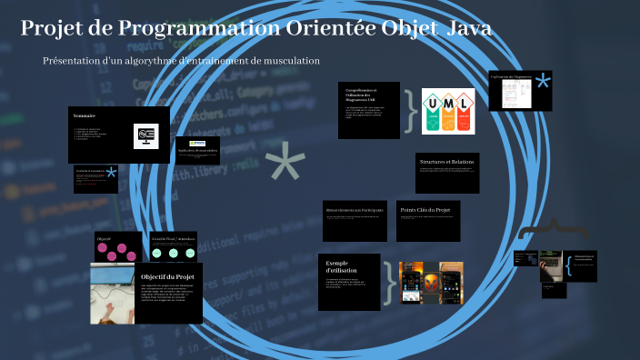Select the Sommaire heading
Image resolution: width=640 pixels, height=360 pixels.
[85, 115]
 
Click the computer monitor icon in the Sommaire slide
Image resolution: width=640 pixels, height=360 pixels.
[145, 135]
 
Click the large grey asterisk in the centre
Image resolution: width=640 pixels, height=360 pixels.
[285, 168]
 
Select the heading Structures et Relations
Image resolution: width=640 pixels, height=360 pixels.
[447, 162]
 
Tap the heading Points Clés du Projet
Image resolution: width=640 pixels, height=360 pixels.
[425, 210]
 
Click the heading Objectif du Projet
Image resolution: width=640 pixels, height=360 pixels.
[168, 275]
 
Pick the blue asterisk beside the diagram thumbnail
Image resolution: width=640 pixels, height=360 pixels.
[543, 83]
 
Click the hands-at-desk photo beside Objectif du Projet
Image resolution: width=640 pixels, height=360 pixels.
[113, 294]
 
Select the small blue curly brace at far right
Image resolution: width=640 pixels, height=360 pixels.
[568, 266]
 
